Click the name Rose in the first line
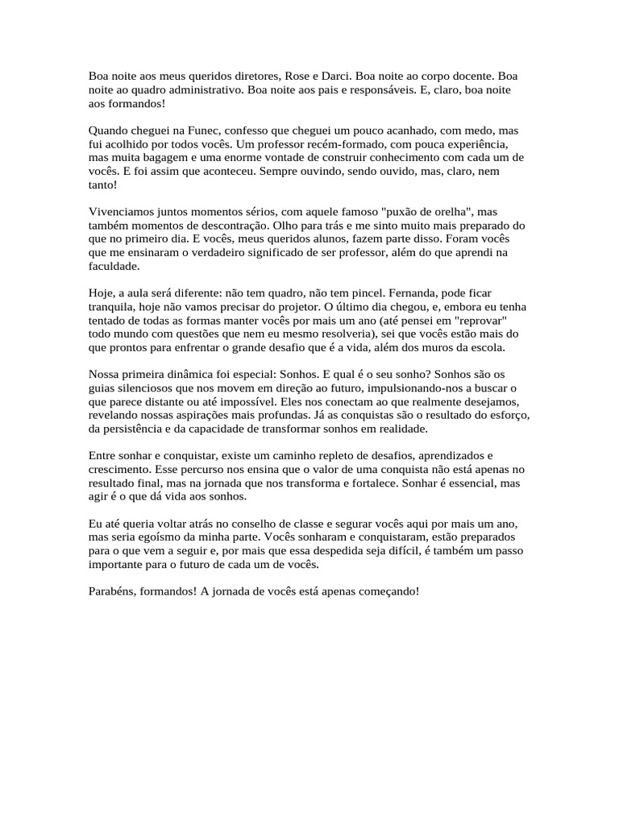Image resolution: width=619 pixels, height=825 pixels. pos(300,74)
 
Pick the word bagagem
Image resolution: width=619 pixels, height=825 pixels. pos(165,156)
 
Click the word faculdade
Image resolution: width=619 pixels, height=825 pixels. pos(114,266)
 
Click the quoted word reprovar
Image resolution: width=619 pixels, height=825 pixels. pos(476,321)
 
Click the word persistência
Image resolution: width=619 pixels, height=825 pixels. pos(137,430)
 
